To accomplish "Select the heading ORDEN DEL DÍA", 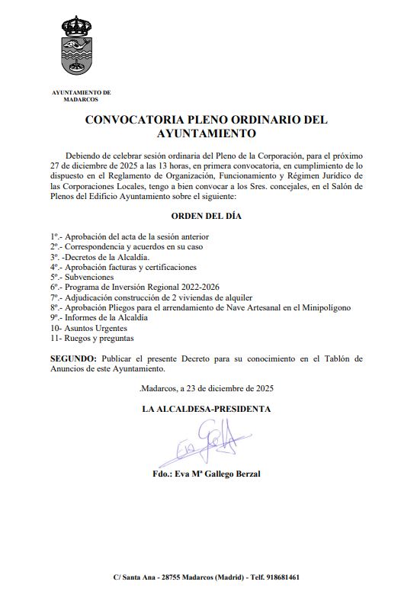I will pyautogui.click(x=206, y=216).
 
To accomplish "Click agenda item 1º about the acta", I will pyautogui.click(x=130, y=237).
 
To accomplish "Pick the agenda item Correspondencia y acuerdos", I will pyautogui.click(x=127, y=247).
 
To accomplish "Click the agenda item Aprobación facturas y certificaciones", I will pyautogui.click(x=123, y=267).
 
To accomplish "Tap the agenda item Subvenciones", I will pyautogui.click(x=88, y=277).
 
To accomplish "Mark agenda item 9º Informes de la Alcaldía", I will pyautogui.click(x=99, y=317).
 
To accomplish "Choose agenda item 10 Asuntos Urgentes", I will pyautogui.click(x=88, y=326).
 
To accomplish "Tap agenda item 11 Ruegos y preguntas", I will pyautogui.click(x=91, y=336).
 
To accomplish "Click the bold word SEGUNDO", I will pyautogui.click(x=73, y=358).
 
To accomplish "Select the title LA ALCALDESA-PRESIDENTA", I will pyautogui.click(x=206, y=409).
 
